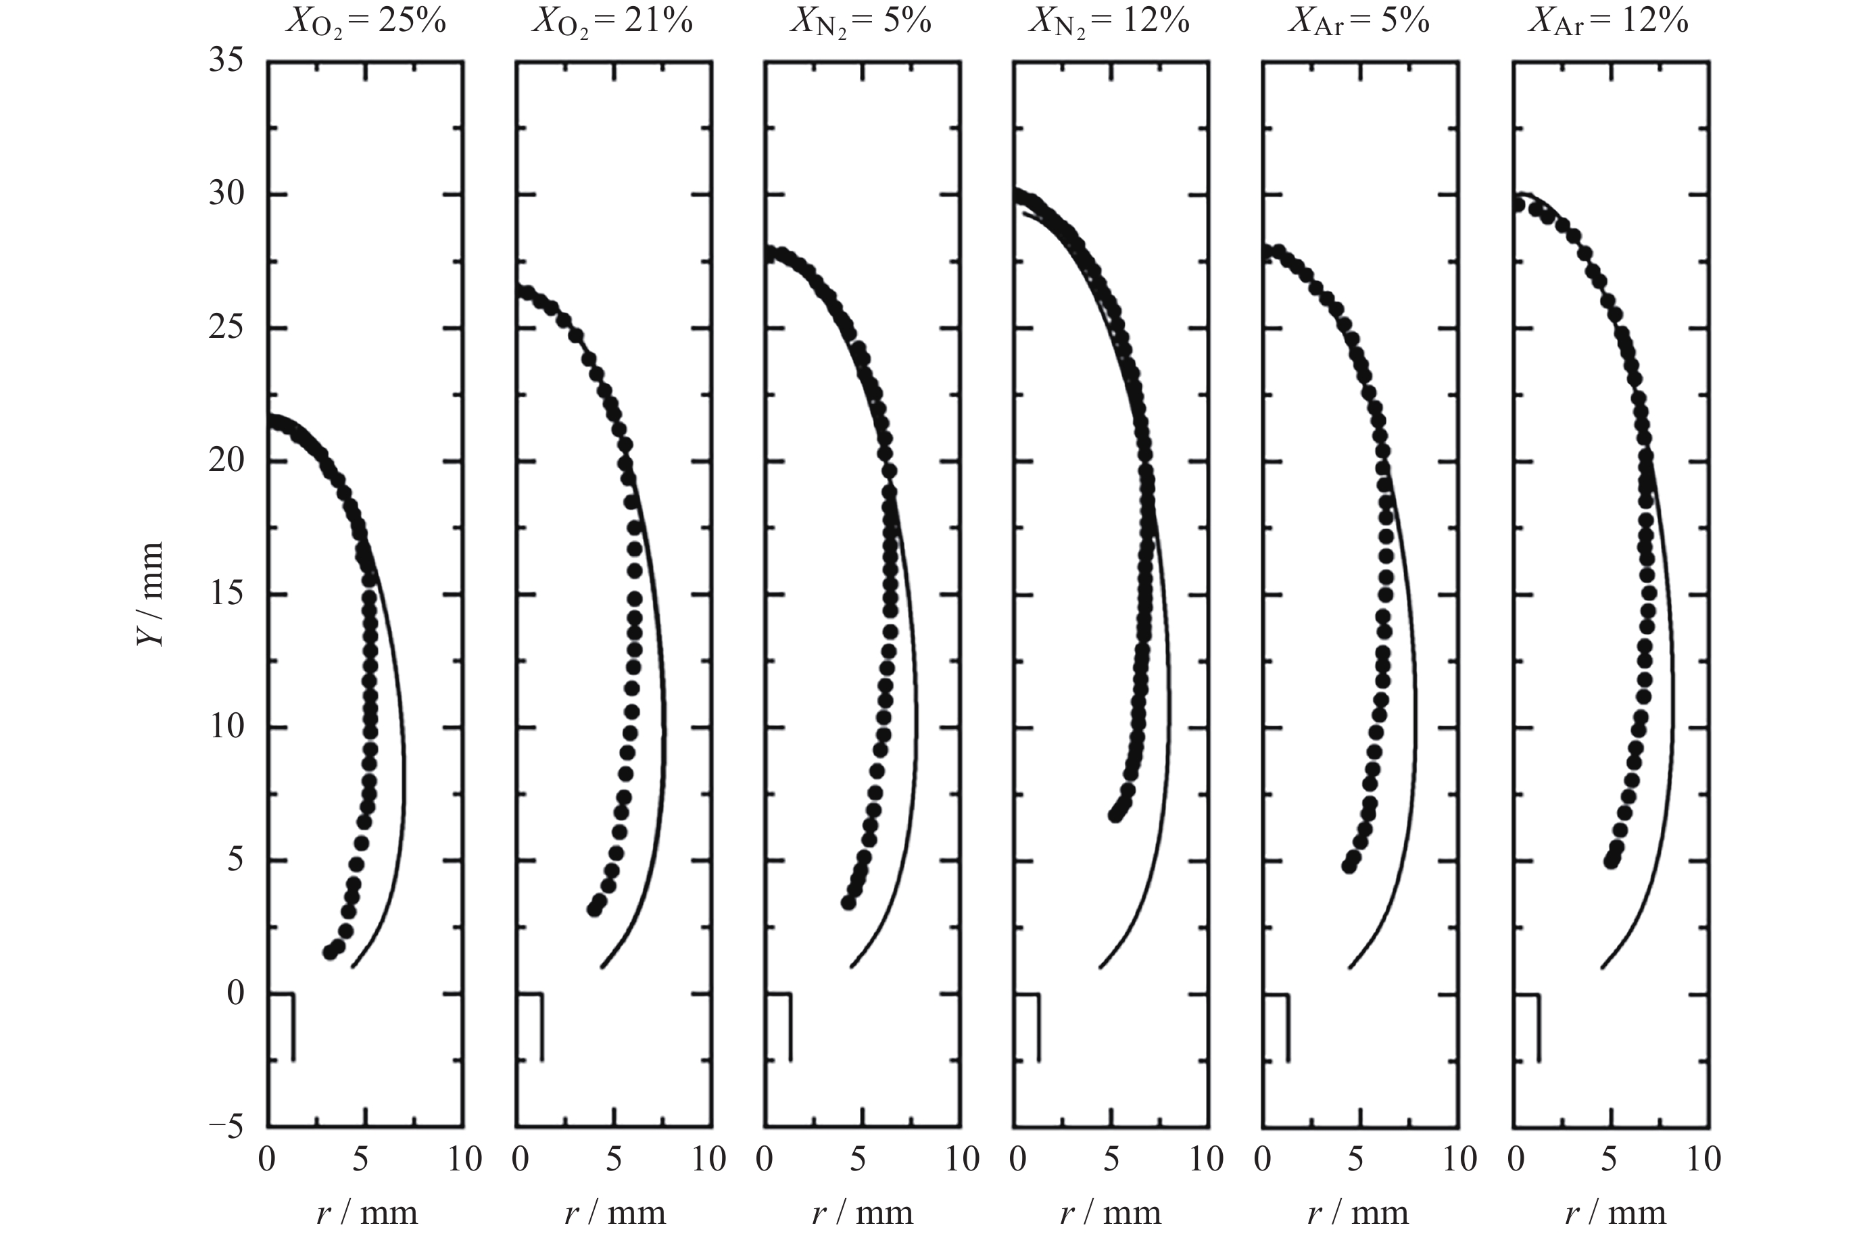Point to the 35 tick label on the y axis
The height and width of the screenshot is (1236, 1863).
point(226,61)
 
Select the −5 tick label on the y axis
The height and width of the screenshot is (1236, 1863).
point(226,1127)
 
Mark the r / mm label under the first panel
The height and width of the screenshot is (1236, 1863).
point(366,1212)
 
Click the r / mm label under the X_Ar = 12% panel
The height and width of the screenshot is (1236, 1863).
point(1615,1212)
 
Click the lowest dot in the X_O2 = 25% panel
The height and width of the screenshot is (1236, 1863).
point(330,952)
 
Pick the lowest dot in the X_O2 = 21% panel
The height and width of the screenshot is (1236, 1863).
point(594,910)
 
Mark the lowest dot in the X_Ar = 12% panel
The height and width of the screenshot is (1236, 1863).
point(1611,862)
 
